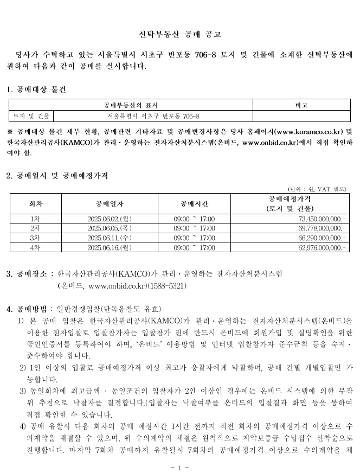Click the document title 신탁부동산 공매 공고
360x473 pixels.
click(179, 35)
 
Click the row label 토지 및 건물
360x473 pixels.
click(31, 116)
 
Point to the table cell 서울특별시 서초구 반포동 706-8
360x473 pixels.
click(153, 116)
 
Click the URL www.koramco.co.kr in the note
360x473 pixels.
click(309, 132)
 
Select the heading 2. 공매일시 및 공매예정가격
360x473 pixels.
click(57, 176)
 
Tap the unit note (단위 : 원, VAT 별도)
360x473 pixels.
click(317, 189)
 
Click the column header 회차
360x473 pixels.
click(36, 203)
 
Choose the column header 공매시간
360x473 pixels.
click(194, 203)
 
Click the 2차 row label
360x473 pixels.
click(36, 228)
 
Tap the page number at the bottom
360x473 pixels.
click(179, 466)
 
